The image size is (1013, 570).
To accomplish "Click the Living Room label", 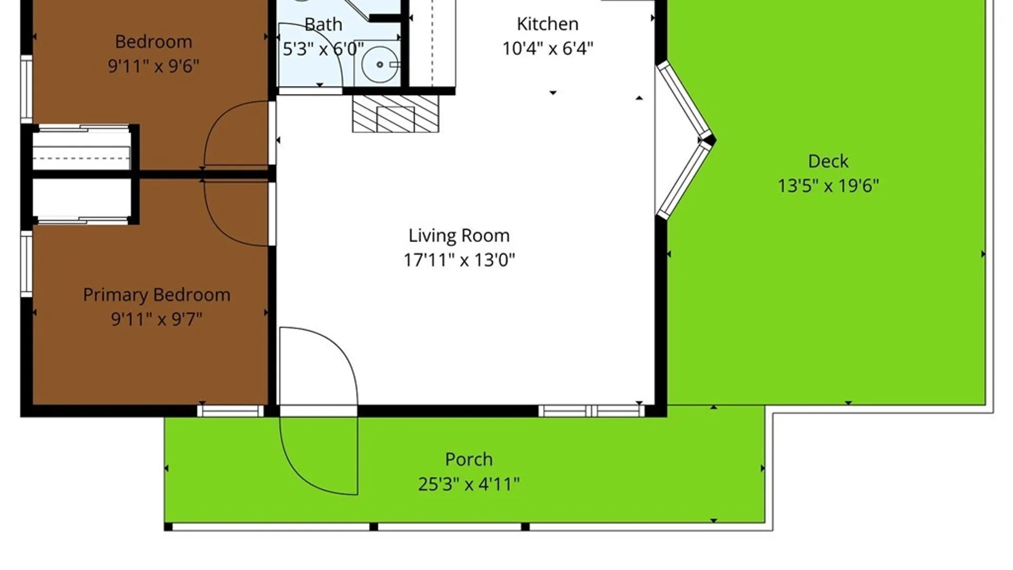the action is (x=459, y=235).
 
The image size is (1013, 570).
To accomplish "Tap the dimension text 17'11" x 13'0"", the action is (x=459, y=260).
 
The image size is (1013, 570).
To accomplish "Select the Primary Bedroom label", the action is (x=157, y=295).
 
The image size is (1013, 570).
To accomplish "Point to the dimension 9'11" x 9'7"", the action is (x=157, y=319).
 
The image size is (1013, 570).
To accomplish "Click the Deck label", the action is (x=828, y=161).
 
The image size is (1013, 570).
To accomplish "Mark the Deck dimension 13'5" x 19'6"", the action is (x=828, y=186).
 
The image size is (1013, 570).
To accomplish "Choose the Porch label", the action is (x=469, y=459).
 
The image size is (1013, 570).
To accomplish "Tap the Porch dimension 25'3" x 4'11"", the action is (x=469, y=484).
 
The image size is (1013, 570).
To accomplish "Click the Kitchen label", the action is (x=548, y=24).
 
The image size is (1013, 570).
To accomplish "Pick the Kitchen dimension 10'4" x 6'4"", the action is (x=548, y=49).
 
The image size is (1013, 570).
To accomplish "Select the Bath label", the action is (x=323, y=24).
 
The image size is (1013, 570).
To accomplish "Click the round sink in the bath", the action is (x=380, y=64).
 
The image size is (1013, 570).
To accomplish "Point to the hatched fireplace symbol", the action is (x=396, y=113).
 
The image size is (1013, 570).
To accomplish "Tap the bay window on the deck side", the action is (x=686, y=140).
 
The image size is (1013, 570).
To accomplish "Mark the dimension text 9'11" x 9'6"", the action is (x=154, y=66).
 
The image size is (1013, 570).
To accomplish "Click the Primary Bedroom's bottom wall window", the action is (x=231, y=411).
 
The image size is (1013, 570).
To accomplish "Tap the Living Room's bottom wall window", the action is (x=592, y=411).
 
